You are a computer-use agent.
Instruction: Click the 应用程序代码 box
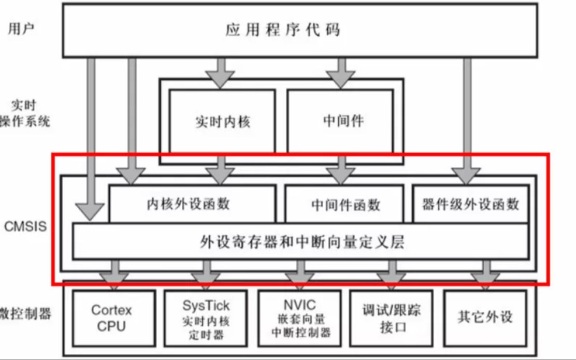coord(299,30)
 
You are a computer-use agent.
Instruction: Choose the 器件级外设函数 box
coord(470,204)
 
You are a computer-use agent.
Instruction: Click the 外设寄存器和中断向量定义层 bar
coord(300,241)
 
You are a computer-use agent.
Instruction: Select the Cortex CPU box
coord(112,318)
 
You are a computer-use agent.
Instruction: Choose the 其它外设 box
coord(485,317)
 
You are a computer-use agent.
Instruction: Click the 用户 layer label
coord(22,28)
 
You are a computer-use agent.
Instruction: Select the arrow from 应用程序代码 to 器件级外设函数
coord(466,119)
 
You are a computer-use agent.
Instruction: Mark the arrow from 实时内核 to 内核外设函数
coord(221,171)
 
